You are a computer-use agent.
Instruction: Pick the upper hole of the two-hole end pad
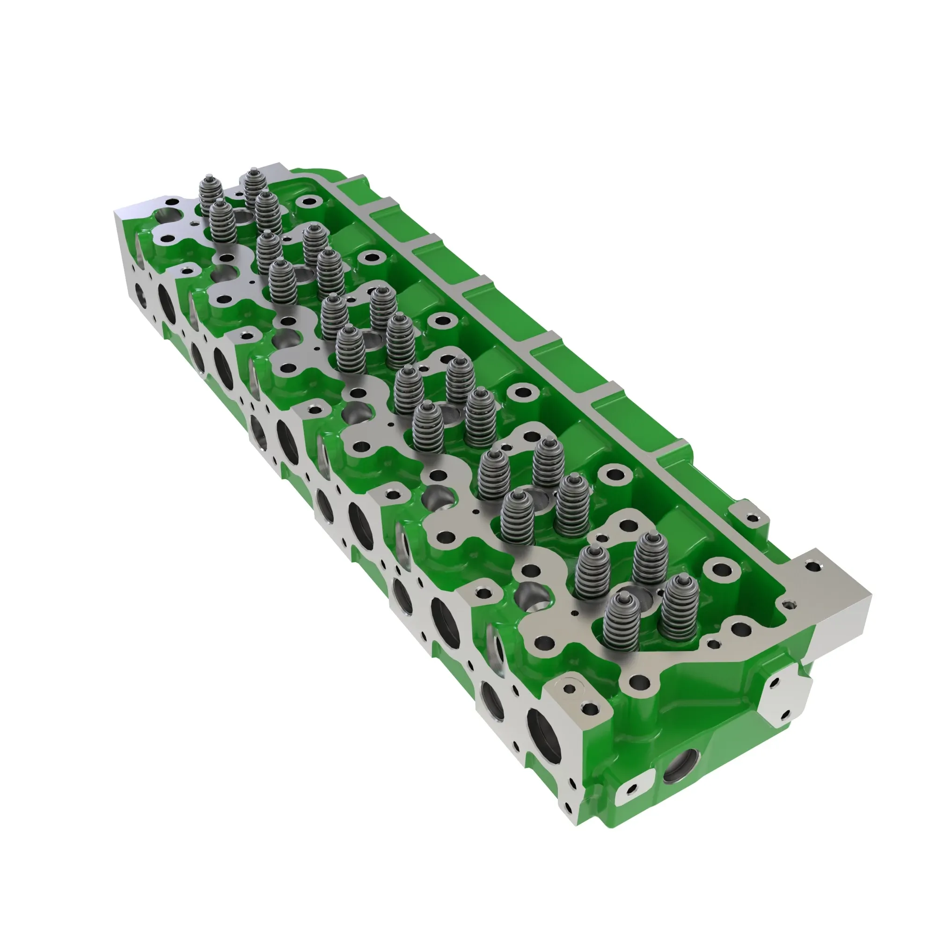click(x=773, y=683)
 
